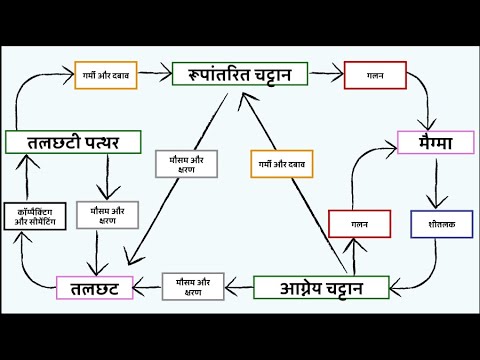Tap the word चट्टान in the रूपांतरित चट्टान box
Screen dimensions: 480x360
pyautogui.click(x=273, y=73)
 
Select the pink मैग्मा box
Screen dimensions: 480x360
pyautogui.click(x=434, y=142)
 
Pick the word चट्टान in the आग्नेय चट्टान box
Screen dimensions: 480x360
pyautogui.click(x=350, y=289)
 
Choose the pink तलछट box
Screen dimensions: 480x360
pyautogui.click(x=96, y=289)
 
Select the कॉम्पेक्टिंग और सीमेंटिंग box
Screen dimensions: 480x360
pyautogui.click(x=35, y=217)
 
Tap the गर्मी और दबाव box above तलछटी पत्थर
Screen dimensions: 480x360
pyautogui.click(x=106, y=76)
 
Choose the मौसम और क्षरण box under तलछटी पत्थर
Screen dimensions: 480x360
pyautogui.click(x=107, y=216)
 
